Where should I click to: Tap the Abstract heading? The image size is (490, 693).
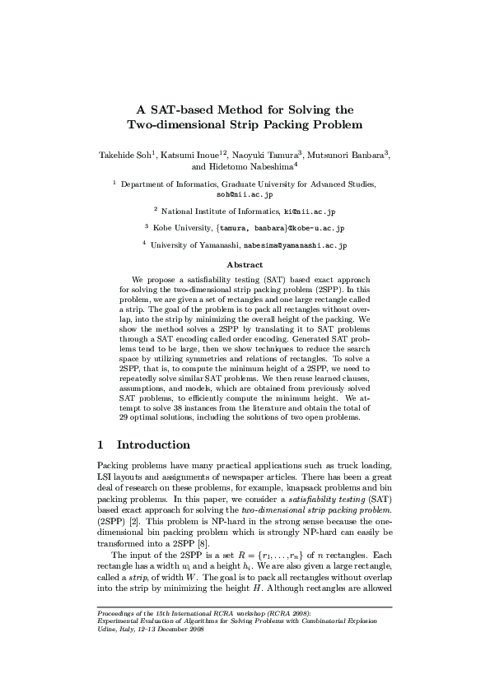point(245,265)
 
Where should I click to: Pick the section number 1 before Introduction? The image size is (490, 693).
point(100,445)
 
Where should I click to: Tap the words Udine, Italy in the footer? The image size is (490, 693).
point(116,673)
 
